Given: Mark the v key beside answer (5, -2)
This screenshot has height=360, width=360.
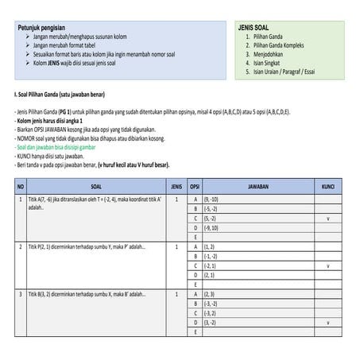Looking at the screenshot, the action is (x=327, y=218).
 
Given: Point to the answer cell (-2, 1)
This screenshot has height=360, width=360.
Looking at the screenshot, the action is (x=213, y=266).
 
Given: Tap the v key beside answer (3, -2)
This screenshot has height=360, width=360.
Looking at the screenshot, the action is (x=327, y=323).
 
